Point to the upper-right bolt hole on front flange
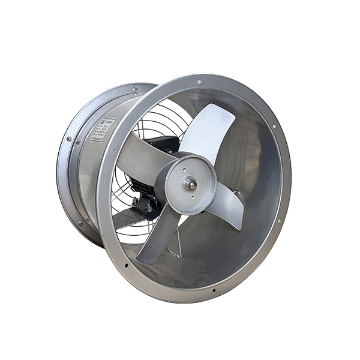(273, 127)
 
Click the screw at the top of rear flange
(138, 89)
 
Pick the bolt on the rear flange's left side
(70, 140)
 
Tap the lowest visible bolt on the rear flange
(79, 224)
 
